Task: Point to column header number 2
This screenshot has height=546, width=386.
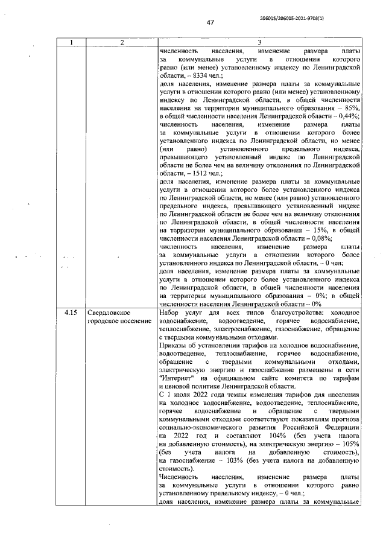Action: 121,43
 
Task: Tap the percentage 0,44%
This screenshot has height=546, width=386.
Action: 349,116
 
